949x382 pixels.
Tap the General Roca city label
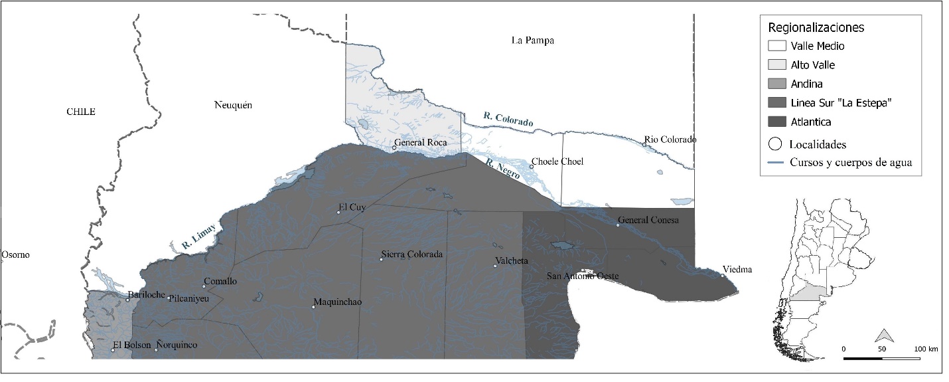coord(419,142)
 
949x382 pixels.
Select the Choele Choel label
coord(557,161)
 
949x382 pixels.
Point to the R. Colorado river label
coord(508,120)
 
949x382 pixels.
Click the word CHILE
coord(81,112)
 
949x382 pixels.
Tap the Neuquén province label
coord(234,105)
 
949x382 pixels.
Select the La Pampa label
coord(532,41)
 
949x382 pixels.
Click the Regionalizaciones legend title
coord(816,28)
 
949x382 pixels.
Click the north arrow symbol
coord(882,335)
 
